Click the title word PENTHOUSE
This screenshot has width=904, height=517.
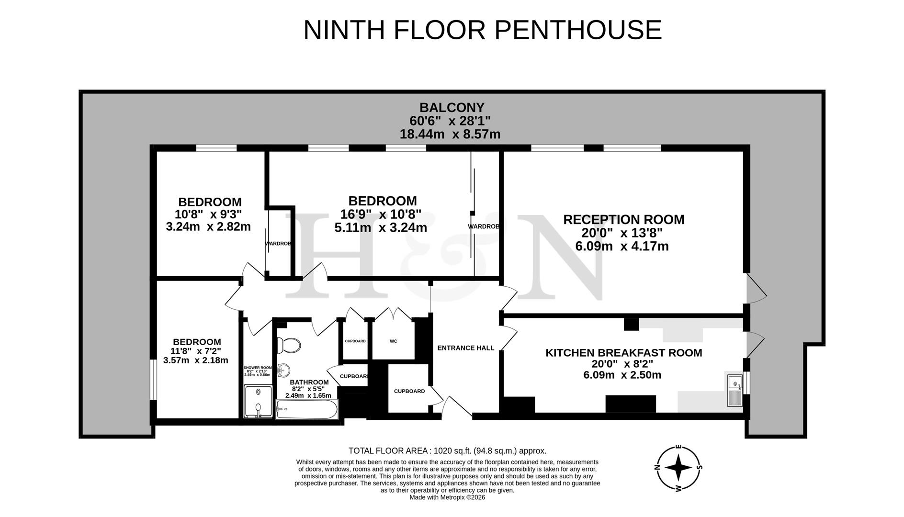578,30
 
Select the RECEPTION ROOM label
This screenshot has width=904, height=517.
623,220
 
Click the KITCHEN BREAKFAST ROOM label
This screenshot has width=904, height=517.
623,353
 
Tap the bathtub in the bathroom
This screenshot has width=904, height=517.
306,409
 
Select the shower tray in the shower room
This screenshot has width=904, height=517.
258,402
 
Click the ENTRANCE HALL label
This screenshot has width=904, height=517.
465,348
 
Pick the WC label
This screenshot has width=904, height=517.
393,341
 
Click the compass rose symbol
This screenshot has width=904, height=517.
678,468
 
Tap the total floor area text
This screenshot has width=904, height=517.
447,451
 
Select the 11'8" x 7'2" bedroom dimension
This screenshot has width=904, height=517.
196,351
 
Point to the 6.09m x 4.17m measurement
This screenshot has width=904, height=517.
621,247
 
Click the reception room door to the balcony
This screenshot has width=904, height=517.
756,289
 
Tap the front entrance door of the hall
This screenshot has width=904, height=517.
456,408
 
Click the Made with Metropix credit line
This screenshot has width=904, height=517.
447,497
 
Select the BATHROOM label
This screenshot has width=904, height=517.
309,382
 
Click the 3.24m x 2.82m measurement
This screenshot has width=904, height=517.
208,226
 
